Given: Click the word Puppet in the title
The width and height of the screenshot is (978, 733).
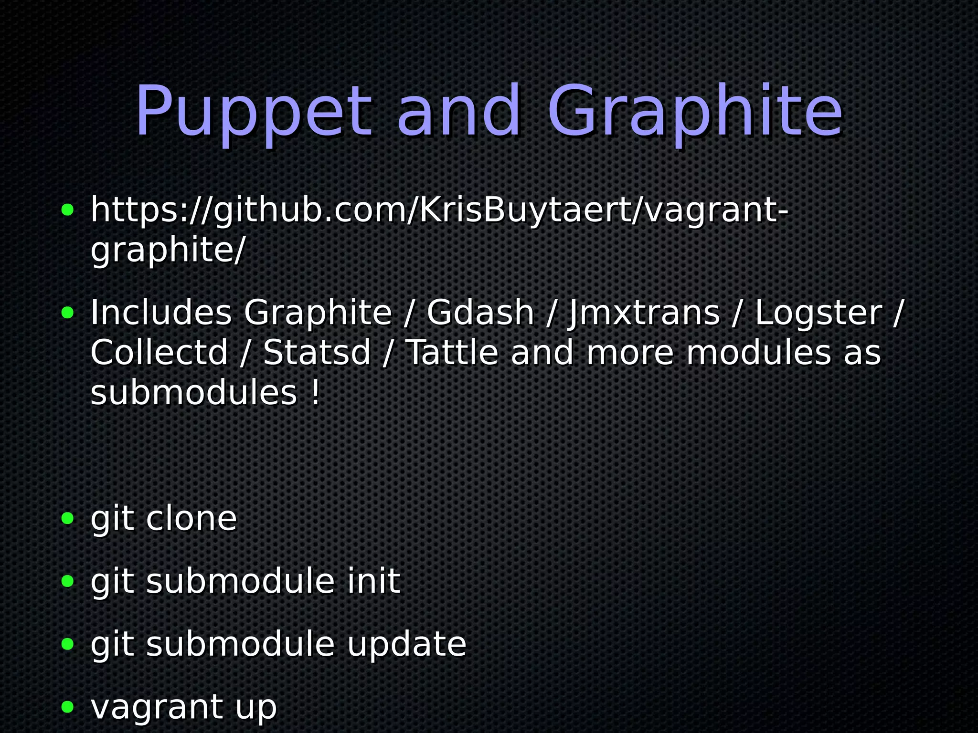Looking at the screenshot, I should pos(253,113).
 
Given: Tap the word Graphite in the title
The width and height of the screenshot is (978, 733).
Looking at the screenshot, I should pos(695,113).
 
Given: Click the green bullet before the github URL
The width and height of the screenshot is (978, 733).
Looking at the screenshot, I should pos(68,210).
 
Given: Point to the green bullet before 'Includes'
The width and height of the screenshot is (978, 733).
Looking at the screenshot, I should pos(68,313).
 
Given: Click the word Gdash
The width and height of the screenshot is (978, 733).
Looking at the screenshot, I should pos(480,313).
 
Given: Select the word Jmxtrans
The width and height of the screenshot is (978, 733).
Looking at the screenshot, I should pos(643,313).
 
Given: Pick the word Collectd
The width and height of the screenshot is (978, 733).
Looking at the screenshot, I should pos(159,353).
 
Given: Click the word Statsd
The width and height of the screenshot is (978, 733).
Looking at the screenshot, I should pos(317,353).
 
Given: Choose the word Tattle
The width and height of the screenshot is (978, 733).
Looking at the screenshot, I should pos(452,353).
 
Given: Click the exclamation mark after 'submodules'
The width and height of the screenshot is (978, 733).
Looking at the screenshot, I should pos(315,393).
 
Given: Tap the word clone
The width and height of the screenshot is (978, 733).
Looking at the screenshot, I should pos(191,518).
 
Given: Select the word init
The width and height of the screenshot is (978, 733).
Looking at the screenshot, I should pos(373,581).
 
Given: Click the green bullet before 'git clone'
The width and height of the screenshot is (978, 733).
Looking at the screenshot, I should pos(68,519).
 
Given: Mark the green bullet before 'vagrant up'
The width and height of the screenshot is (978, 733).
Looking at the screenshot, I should pos(68,707).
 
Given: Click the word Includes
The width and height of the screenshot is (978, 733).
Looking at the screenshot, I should pos(161,313).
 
